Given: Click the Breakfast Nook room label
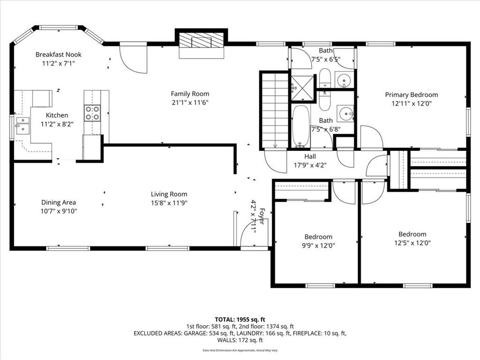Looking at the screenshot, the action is pos(59,54).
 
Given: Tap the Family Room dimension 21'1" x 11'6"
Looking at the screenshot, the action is pos(190,103).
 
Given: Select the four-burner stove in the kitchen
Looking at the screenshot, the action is pos(92,113).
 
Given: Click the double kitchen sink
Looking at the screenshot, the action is pos(22,126).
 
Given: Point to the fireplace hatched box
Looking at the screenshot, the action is pos(201,40).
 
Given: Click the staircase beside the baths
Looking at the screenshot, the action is pos(275,110).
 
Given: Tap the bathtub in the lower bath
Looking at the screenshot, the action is pos(301,126).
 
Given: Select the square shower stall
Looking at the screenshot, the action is pos(302,88).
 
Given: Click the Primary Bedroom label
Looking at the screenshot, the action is pos(412,95).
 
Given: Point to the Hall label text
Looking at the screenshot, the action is pos(310,157).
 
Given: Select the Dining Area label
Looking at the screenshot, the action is pos(59,202).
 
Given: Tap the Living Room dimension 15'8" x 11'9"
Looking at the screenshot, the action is pos(169,202).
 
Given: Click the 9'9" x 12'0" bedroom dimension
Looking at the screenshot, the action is pos(318,246).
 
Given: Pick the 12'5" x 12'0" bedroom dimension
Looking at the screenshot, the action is pos(412,243).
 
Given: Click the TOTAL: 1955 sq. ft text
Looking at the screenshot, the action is pos(240,320).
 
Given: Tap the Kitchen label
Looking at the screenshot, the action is pos(57,115).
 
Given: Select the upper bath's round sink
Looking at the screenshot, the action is pos(344,80).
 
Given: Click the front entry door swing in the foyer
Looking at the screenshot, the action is pos(254,231).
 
